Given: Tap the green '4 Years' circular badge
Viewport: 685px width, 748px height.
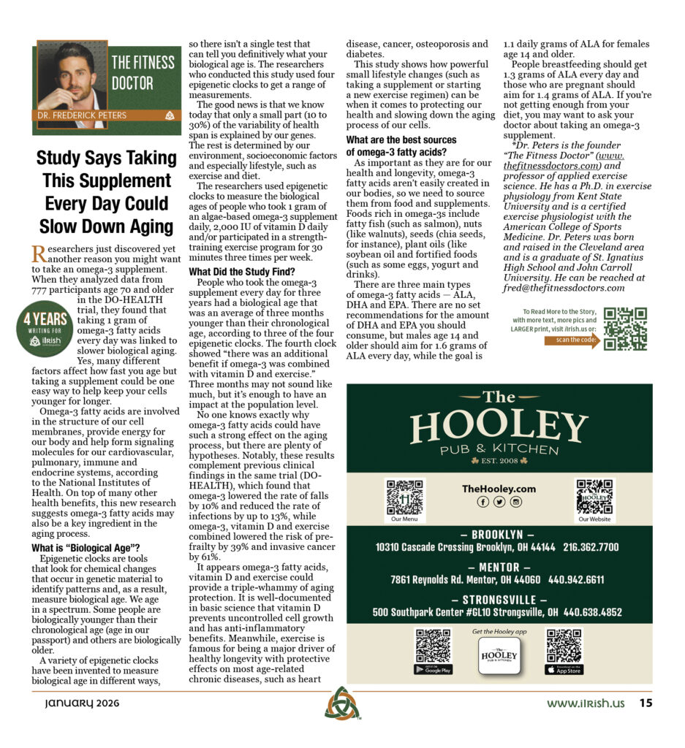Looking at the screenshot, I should pyautogui.click(x=47, y=328).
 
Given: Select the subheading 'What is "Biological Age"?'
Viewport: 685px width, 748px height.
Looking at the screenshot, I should pyautogui.click(x=86, y=548).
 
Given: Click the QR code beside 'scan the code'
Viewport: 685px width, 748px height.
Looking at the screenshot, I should pyautogui.click(x=625, y=329).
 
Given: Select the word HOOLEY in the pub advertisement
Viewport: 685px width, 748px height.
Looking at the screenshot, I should pyautogui.click(x=499, y=427).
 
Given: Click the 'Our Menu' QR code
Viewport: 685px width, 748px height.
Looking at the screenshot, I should pyautogui.click(x=404, y=497).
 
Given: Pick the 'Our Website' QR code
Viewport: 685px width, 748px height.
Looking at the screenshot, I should pyautogui.click(x=594, y=497).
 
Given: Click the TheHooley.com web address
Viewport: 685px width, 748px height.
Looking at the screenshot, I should pyautogui.click(x=499, y=489).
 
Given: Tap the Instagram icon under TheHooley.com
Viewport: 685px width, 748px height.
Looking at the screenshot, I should pyautogui.click(x=516, y=502).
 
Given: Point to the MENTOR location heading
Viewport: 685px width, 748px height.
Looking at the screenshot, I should pyautogui.click(x=499, y=567).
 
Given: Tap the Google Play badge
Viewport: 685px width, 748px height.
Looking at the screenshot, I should pyautogui.click(x=433, y=669).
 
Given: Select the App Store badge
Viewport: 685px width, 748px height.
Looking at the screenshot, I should pyautogui.click(x=564, y=670).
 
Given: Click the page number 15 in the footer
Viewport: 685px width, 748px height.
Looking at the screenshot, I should pyautogui.click(x=646, y=704).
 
